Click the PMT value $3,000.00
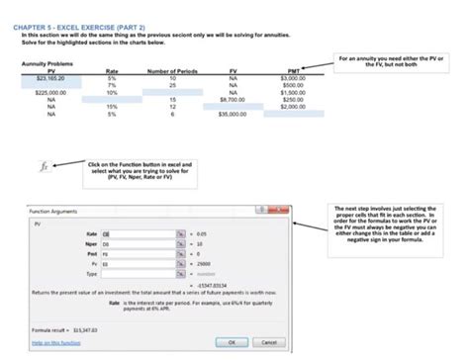293,77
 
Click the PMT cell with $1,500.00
293,92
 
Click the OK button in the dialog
232,341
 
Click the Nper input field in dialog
139,242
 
